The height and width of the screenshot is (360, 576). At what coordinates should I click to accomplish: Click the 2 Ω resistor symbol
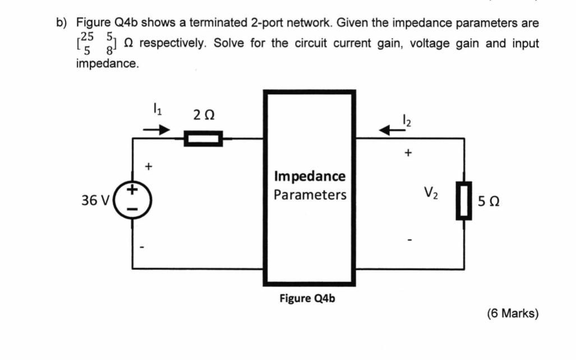[203, 138]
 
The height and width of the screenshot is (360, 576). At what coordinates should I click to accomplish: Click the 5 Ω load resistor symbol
[464, 200]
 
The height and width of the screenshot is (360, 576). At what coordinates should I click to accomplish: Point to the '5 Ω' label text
[490, 201]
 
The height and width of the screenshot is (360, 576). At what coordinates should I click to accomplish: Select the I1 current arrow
[155, 130]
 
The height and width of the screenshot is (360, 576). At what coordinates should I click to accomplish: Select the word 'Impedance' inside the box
[310, 177]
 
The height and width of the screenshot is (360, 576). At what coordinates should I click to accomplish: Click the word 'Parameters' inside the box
[310, 195]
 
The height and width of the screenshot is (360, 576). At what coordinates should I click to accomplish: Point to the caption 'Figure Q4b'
[307, 298]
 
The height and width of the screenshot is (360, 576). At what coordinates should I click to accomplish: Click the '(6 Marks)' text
[513, 313]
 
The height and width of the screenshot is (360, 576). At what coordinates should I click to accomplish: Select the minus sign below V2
[409, 242]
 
